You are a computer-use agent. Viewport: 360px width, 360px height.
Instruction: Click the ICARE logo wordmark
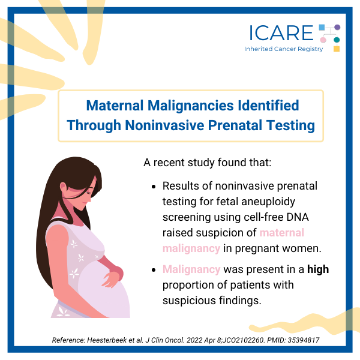tap(281, 33)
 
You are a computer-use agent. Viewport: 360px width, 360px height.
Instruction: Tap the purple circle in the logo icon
tap(337, 27)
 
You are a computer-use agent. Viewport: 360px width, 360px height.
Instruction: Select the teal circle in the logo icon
tap(337, 40)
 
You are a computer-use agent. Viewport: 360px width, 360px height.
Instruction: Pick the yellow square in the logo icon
tap(337, 49)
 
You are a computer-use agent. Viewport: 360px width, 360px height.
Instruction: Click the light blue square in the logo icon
tap(322, 28)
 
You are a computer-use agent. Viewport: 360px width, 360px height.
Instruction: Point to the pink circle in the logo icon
tap(323, 40)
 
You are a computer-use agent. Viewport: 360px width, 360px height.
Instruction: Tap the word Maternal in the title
tap(115, 106)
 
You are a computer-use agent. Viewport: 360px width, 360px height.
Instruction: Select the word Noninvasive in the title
tap(164, 125)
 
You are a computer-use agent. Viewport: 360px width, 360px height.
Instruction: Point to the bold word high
tap(318, 269)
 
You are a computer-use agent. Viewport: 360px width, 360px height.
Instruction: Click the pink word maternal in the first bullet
tap(282, 233)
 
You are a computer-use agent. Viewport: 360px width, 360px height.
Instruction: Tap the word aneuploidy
tap(268, 202)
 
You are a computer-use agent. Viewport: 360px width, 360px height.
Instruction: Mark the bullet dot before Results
tap(154, 187)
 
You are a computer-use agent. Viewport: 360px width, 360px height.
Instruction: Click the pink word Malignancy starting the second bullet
tap(191, 269)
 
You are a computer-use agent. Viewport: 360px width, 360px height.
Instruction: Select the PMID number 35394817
tap(303, 340)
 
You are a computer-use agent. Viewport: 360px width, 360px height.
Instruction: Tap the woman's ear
tap(64, 187)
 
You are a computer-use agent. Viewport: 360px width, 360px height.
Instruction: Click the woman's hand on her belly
tap(113, 278)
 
